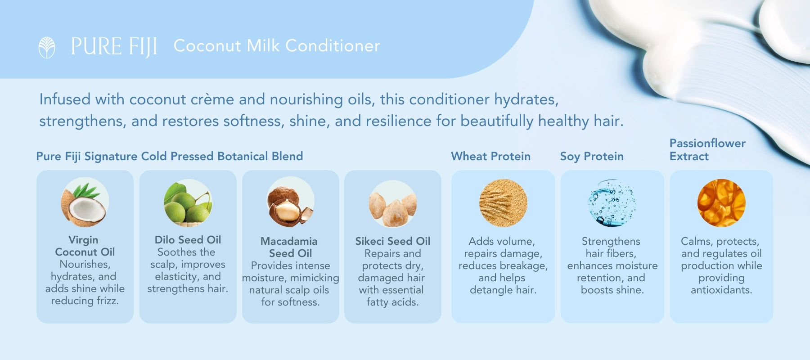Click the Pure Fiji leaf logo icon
coord(47,47)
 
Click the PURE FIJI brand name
coord(114,47)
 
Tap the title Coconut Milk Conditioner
coord(277,45)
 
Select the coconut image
coord(85,202)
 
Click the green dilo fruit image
coord(188,202)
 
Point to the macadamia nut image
coord(290,202)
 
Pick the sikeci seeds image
coord(393,204)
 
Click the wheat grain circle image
coord(503,202)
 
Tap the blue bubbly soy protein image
coord(612,202)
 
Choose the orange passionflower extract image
coord(721,202)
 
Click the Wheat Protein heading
coord(490,156)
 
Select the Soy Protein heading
coord(592,157)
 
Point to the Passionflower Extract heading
coord(707,150)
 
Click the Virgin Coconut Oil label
coord(85,246)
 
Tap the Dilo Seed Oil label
coord(188,240)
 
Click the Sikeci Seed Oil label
coord(393,241)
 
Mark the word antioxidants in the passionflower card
coord(721,290)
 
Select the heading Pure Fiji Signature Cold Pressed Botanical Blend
coord(170,156)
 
